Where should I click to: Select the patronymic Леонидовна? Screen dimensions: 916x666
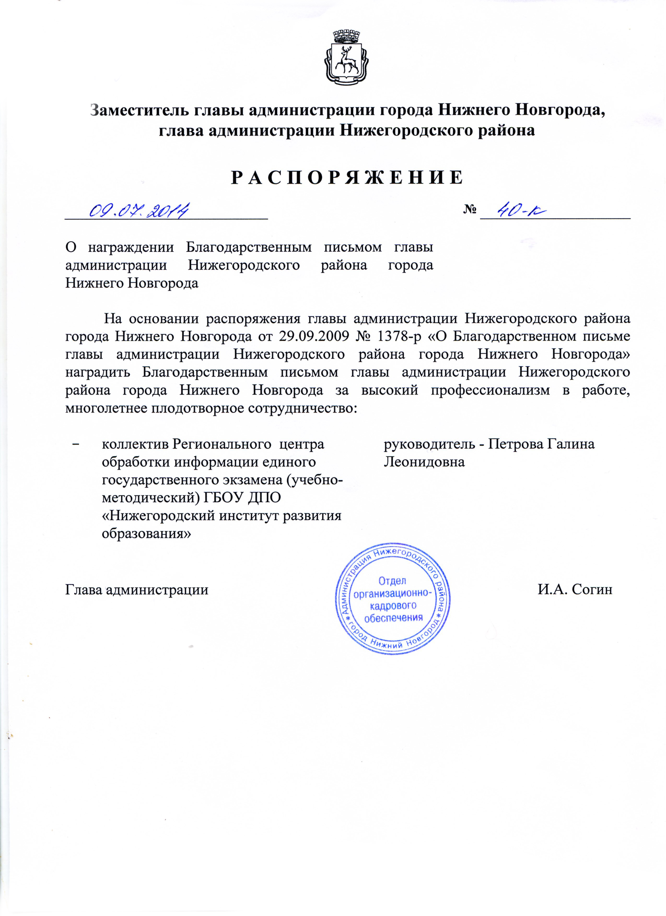[x=424, y=462]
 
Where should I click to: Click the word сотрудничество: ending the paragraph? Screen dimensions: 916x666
[x=303, y=408]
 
